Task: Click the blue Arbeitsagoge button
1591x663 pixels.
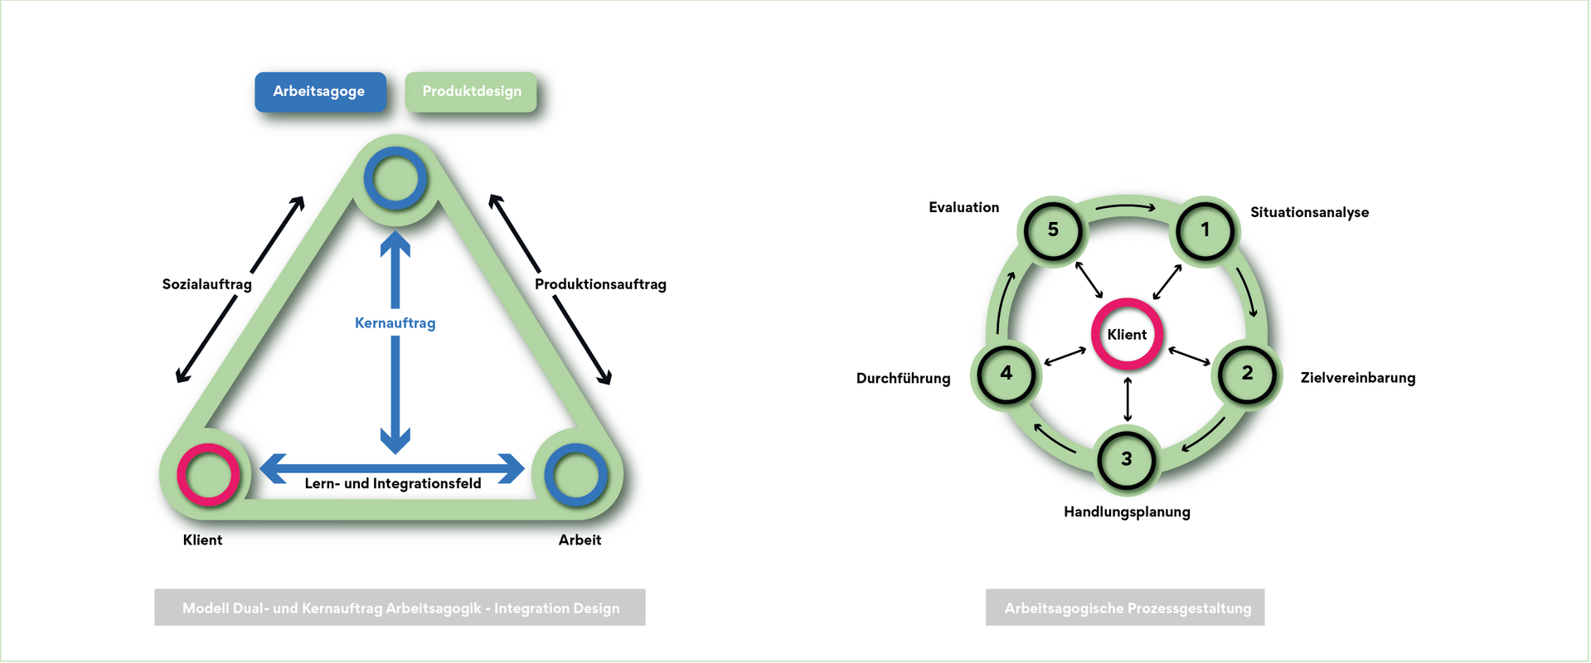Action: (x=320, y=92)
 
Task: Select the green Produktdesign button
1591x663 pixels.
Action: (x=471, y=92)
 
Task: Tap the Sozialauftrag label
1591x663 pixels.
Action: (x=206, y=284)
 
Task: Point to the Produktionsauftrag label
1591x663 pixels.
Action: (x=600, y=284)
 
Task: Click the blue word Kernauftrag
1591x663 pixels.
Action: (x=395, y=323)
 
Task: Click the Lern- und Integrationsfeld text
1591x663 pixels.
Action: (x=392, y=484)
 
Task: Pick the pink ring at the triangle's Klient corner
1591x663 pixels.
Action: (x=208, y=475)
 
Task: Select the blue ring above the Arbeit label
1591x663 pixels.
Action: (x=575, y=475)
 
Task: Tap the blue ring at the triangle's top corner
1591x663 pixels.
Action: (x=395, y=178)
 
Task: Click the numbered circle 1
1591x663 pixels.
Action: (x=1205, y=230)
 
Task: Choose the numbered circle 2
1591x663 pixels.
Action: (x=1247, y=374)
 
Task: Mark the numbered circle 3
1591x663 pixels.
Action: (x=1126, y=459)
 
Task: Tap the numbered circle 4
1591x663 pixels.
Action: (x=1007, y=374)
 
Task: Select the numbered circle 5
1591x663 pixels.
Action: (x=1053, y=230)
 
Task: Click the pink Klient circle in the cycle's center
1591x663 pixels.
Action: (x=1127, y=335)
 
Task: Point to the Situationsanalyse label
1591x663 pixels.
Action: (x=1309, y=213)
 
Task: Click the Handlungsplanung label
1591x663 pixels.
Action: (x=1127, y=512)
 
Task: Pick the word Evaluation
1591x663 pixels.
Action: (x=963, y=208)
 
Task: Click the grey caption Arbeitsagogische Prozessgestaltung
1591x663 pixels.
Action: (x=1125, y=607)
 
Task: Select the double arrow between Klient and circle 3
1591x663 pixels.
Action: (x=1127, y=399)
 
